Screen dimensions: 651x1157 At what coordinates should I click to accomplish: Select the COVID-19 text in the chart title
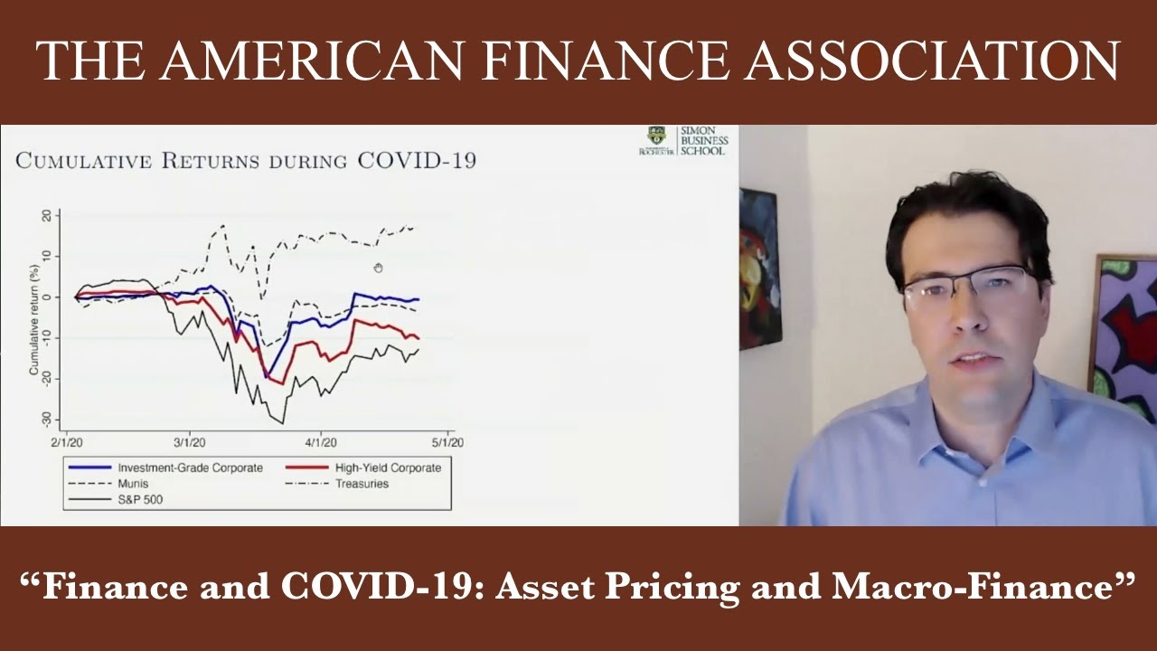[x=417, y=161]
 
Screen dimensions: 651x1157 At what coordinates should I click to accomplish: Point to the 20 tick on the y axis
[x=46, y=216]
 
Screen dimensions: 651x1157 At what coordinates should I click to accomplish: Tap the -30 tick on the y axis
[x=46, y=420]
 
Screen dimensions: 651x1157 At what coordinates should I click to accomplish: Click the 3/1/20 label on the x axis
[x=189, y=442]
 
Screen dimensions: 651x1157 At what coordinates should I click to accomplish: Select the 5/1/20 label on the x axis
[x=447, y=442]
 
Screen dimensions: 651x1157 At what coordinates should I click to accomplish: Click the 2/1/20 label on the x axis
[x=66, y=442]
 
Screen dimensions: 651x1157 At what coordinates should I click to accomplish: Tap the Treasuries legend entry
[x=361, y=484]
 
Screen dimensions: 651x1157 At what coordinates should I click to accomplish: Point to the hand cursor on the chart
[x=378, y=268]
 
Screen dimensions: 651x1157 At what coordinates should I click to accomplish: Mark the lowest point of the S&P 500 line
[x=282, y=422]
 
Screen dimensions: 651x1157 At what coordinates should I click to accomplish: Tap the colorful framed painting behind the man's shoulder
[x=1125, y=325]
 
